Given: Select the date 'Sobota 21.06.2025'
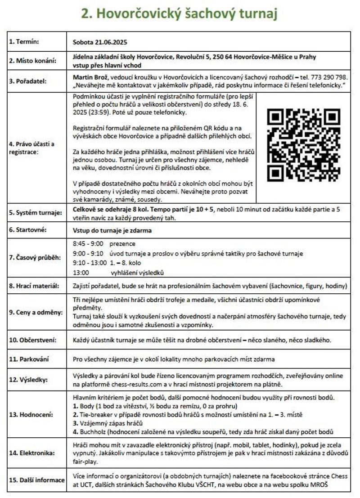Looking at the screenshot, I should [x=100, y=43].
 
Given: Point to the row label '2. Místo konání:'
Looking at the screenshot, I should [x=34, y=61].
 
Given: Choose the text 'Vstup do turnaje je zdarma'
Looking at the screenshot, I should [x=112, y=230].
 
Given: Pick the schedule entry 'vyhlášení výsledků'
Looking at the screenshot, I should [x=137, y=273].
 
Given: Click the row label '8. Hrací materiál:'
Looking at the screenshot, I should [x=36, y=286].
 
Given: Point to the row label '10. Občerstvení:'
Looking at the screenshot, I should [x=33, y=340].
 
